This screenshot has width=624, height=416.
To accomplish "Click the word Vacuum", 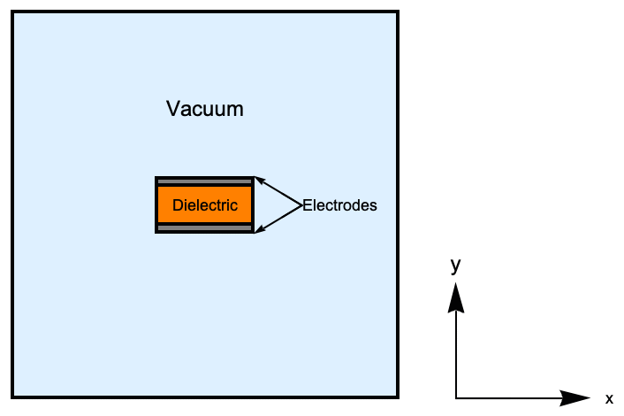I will pyautogui.click(x=204, y=110).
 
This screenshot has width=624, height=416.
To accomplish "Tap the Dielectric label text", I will pyautogui.click(x=205, y=205).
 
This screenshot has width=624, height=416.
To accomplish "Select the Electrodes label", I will pyautogui.click(x=340, y=205).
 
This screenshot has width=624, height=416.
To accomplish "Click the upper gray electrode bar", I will pyautogui.click(x=204, y=181).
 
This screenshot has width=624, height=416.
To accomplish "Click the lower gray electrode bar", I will pyautogui.click(x=204, y=228).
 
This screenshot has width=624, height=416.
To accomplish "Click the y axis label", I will pyautogui.click(x=455, y=265).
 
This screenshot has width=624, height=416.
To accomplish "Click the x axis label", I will pyautogui.click(x=609, y=399).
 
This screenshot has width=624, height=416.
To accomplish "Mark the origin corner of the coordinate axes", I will pyautogui.click(x=456, y=397).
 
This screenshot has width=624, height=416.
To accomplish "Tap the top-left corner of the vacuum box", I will pyautogui.click(x=12, y=12).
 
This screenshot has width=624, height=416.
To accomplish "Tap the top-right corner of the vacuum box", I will pyautogui.click(x=397, y=12).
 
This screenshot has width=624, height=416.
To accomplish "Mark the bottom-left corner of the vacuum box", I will pyautogui.click(x=12, y=396).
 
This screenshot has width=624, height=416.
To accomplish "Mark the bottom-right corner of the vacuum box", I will pyautogui.click(x=397, y=396).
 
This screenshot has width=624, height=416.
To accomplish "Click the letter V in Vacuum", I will pyautogui.click(x=173, y=110).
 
